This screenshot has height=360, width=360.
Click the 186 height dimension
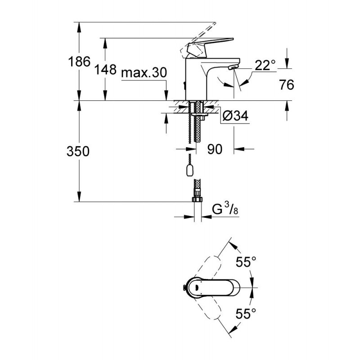pyautogui.click(x=79, y=62)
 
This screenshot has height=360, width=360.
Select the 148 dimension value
pyautogui.click(x=105, y=69)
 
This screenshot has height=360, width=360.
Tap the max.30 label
pyautogui.click(x=144, y=73)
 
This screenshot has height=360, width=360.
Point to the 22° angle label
pyautogui.click(x=265, y=65)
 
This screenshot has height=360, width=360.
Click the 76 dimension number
pyautogui.click(x=287, y=85)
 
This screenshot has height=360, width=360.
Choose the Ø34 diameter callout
pyautogui.click(x=235, y=116)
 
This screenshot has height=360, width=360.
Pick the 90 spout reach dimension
pyautogui.click(x=215, y=149)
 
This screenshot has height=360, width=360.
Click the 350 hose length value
pyautogui.click(x=78, y=152)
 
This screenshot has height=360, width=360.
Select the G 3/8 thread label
pyautogui.click(x=225, y=209)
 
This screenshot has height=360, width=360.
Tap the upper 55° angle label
pyautogui.click(x=246, y=262)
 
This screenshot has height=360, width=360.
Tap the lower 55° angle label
pyautogui.click(x=246, y=314)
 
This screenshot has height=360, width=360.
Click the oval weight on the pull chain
pyautogui.click(x=189, y=171)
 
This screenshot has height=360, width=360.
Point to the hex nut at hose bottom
pyautogui.click(x=197, y=198)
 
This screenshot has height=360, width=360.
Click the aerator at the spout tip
pyautogui.click(x=233, y=67)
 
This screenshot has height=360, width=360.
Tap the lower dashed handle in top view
pyautogui.click(x=206, y=307)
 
